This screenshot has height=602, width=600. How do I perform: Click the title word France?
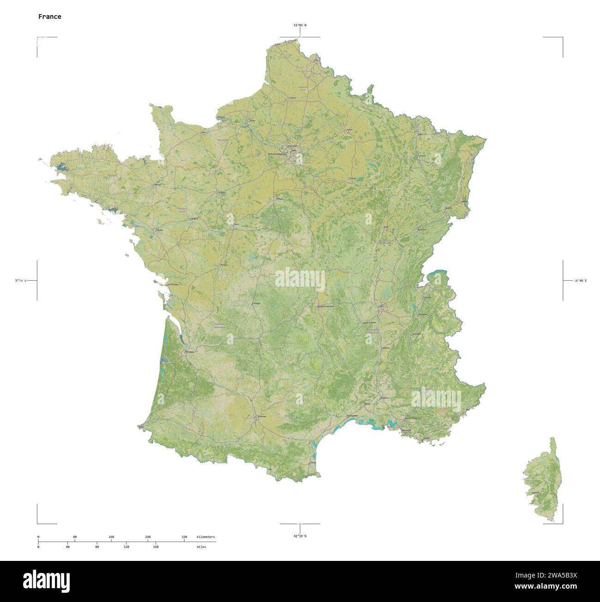click(x=49, y=17)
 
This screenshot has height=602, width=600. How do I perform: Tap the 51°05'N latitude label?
click(x=300, y=26)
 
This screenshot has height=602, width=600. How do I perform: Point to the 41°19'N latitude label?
click(x=300, y=536)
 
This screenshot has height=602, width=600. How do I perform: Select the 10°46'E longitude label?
click(x=580, y=280)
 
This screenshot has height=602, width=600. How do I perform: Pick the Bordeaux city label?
click(x=190, y=352)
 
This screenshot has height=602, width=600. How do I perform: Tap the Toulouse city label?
click(x=262, y=416)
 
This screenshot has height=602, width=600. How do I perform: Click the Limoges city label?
click(x=256, y=303)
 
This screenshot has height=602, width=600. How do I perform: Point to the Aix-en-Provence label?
click(x=413, y=418)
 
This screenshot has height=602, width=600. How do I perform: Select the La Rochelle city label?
click(x=173, y=284)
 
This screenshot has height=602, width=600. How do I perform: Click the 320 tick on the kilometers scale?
click(x=184, y=537)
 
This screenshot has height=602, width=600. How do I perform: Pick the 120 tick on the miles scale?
click(x=126, y=547)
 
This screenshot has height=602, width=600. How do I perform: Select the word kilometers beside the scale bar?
click(x=205, y=537)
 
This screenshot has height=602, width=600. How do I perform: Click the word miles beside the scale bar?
click(x=201, y=547)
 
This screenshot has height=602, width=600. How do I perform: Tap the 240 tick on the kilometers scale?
click(x=148, y=537)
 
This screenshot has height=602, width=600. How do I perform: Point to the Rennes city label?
click(x=157, y=185)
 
